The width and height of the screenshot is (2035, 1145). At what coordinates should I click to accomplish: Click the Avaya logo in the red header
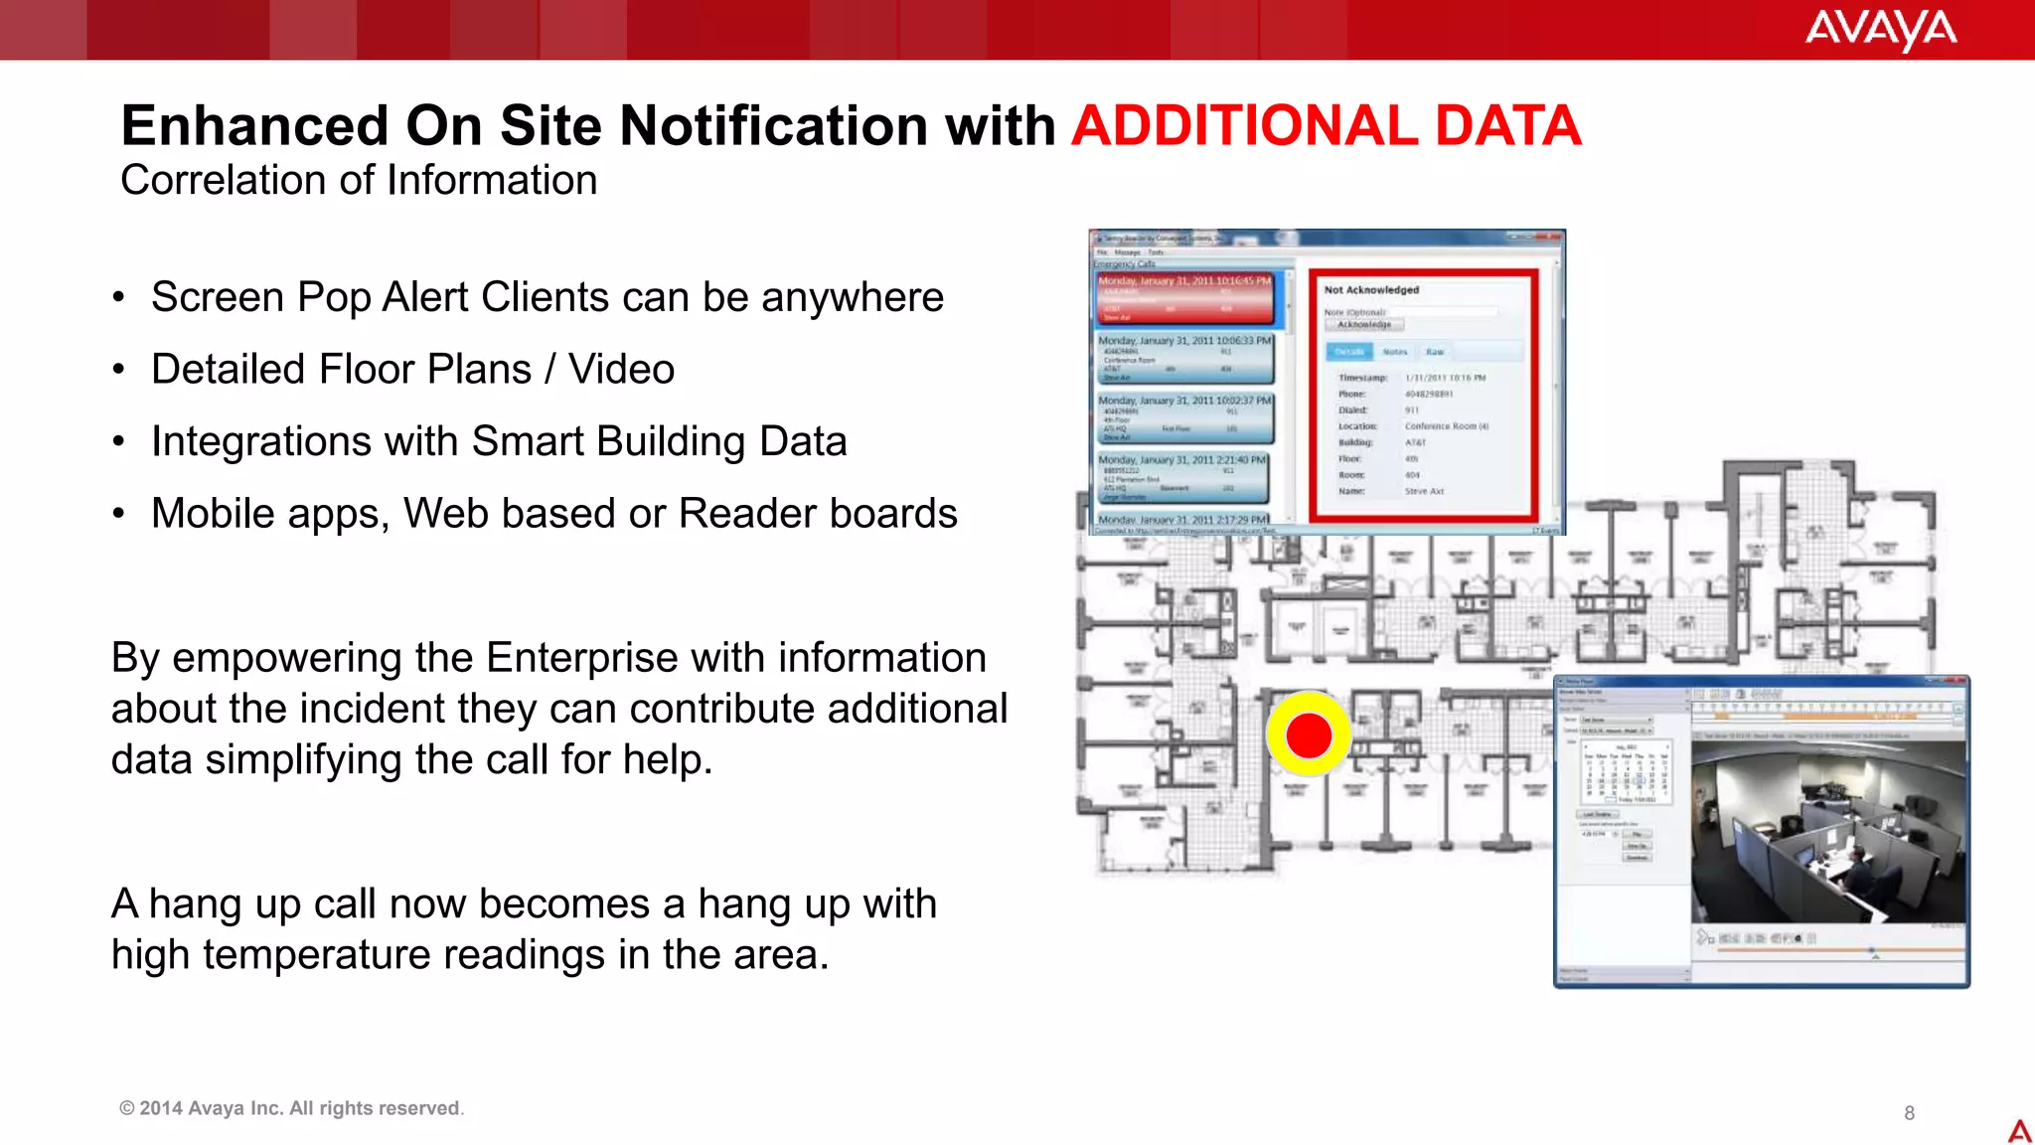coord(1880,29)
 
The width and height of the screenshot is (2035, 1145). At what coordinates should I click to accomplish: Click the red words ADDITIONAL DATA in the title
coord(1326,126)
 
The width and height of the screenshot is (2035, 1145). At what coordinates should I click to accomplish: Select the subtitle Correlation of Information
coord(359,181)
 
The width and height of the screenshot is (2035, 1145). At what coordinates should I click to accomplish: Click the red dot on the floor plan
coord(1308,736)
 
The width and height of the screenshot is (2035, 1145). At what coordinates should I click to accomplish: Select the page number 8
coord(1909,1113)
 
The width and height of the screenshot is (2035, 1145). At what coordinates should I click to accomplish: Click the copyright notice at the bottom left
coord(291,1108)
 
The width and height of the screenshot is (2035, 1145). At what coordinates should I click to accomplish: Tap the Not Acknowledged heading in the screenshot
coord(1371,290)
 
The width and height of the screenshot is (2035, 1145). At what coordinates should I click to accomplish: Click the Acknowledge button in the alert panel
coord(1364,325)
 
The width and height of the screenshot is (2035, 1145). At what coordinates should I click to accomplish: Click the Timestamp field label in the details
coord(1362,379)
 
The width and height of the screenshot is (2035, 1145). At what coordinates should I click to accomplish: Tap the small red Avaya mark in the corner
coord(2019,1130)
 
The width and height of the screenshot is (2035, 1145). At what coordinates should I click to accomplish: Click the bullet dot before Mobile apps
coord(118,514)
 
